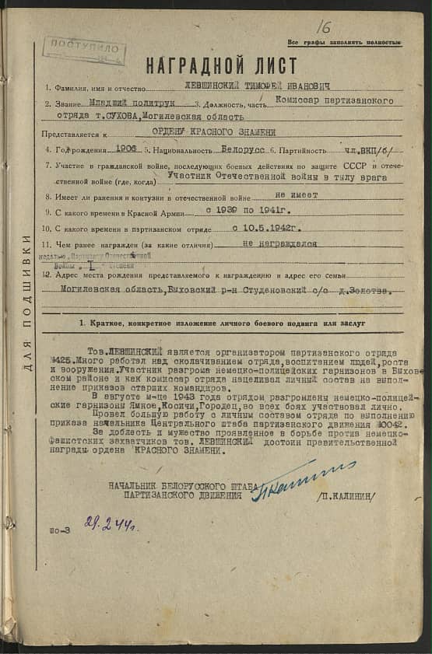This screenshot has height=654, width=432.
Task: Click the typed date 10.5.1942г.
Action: tap(268, 229)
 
